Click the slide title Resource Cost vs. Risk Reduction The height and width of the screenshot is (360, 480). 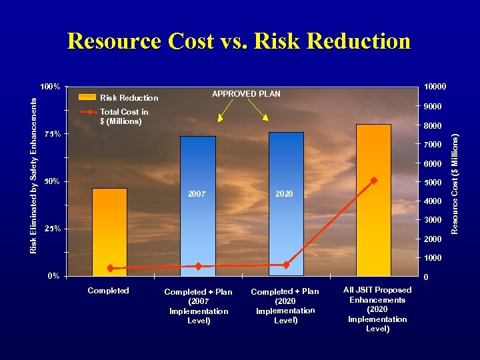coord(239,41)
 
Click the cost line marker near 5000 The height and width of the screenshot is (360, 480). coord(374,180)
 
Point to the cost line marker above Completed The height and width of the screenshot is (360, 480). coord(110,269)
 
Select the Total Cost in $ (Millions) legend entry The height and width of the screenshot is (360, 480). coord(124,117)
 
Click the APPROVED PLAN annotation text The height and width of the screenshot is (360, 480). coord(246,94)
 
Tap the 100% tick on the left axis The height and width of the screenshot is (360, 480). coord(51,87)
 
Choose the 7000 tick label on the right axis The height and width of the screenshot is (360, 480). coord(431,145)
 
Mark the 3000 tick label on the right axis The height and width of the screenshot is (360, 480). coord(431,220)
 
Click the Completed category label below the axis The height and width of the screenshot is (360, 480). coord(108,291)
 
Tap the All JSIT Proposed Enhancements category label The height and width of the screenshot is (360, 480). coord(377,309)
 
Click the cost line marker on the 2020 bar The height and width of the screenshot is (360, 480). coord(286,265)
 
